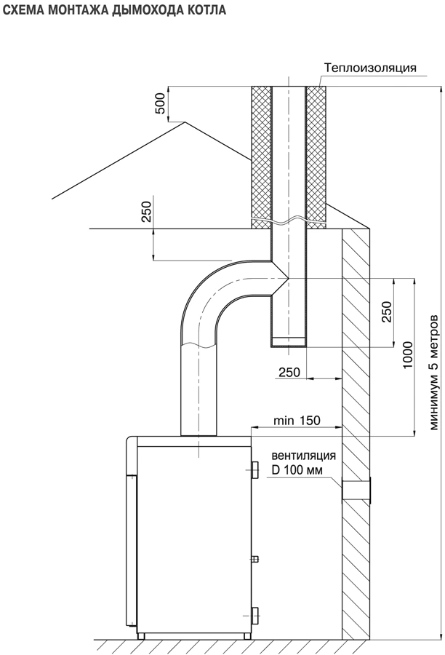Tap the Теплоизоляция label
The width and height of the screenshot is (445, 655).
[x=371, y=68]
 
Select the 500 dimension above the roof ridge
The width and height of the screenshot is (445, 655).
[x=160, y=103]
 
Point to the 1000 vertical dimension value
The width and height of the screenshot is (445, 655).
[x=407, y=354]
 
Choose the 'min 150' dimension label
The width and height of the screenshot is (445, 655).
[x=297, y=420]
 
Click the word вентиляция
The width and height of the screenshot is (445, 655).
[x=303, y=456]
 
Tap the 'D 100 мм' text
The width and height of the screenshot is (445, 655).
[x=297, y=470]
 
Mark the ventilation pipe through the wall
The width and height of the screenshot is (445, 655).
[x=356, y=490]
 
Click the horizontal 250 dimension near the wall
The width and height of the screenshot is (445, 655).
[x=289, y=372]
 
